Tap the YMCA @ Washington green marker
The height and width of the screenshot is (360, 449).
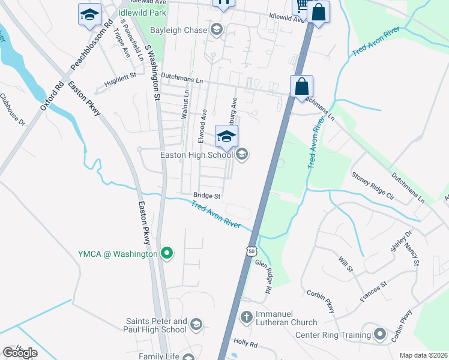pos(167,254)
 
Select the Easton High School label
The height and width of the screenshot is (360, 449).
pos(196,155)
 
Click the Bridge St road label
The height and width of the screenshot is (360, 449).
pos(207,196)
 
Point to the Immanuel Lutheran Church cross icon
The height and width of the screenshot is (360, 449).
pos(246,316)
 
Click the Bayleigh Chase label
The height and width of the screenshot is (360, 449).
pos(178,29)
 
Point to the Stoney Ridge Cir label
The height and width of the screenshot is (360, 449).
pos(372,187)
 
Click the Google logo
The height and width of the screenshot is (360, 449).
pos(20,353)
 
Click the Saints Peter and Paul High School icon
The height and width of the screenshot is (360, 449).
pos(196,325)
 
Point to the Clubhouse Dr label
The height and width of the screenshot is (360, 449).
pos(12,109)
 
